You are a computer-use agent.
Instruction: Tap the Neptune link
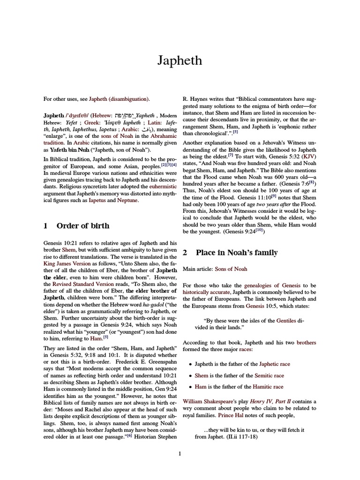[127, 200]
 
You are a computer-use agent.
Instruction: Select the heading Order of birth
[82, 225]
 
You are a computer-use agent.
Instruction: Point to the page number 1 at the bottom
[180, 453]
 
